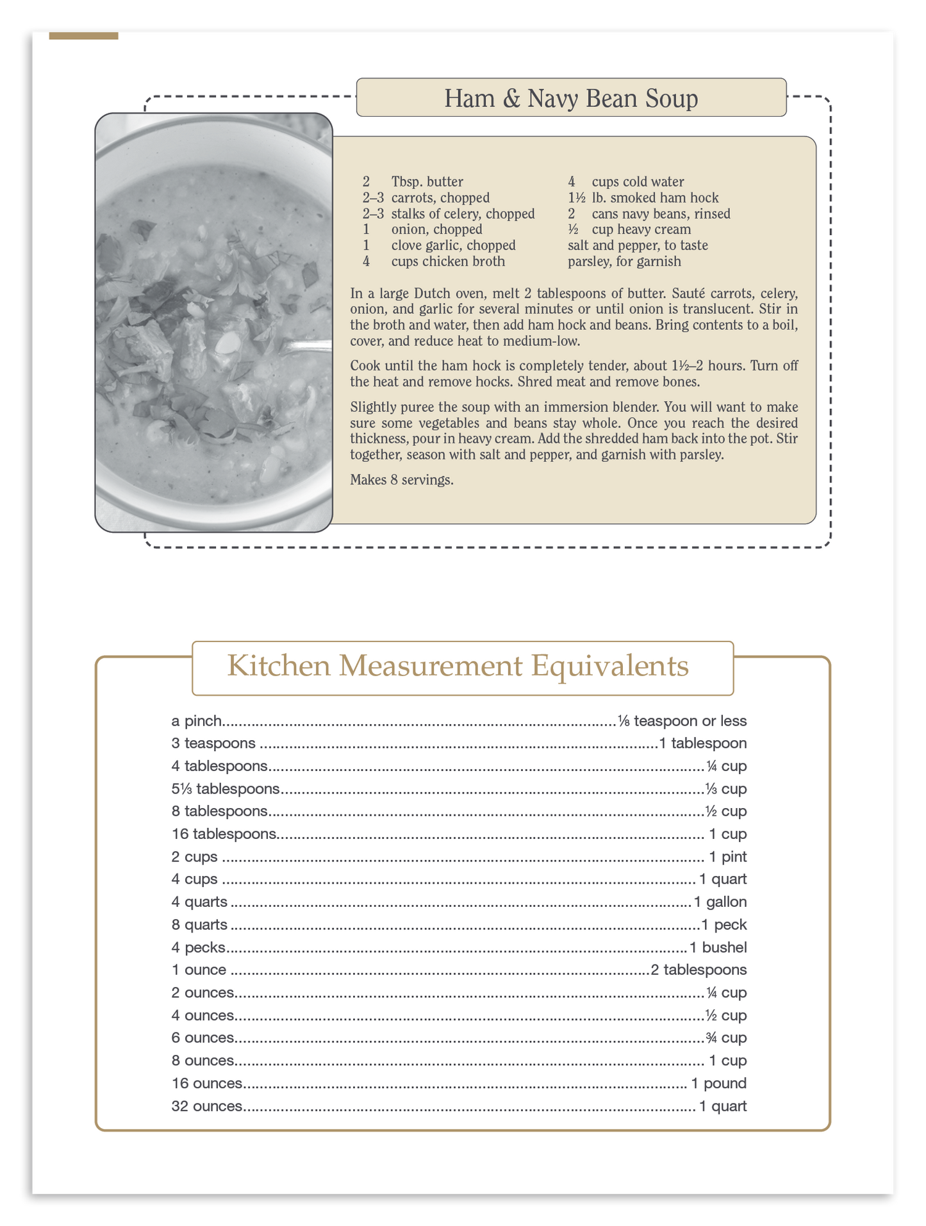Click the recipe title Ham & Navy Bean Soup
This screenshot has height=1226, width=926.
(x=571, y=98)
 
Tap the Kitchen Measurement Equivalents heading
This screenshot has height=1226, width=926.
(x=458, y=666)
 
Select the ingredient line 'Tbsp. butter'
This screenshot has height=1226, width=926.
(x=427, y=182)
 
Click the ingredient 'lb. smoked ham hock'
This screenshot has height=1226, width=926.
(x=655, y=198)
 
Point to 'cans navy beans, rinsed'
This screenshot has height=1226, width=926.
(x=661, y=214)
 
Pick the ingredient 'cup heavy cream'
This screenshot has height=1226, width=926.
(x=641, y=229)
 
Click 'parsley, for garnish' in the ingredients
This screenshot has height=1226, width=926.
(x=624, y=261)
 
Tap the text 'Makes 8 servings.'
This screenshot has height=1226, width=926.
(x=402, y=480)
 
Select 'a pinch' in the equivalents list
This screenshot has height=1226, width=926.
(x=197, y=721)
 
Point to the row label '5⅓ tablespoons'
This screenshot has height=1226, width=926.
(x=226, y=789)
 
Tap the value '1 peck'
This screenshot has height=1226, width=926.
(x=724, y=925)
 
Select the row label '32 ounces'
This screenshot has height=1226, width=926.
(x=207, y=1106)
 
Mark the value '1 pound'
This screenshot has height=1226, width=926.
(x=718, y=1084)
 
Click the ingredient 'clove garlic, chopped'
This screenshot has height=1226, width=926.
(x=453, y=245)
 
